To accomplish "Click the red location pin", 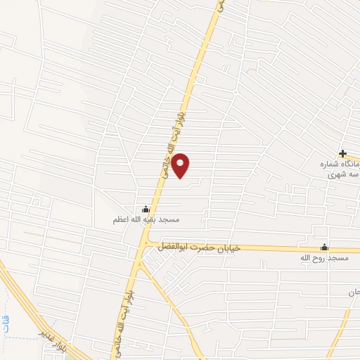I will [x=181, y=166].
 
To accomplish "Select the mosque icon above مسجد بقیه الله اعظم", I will [x=146, y=208].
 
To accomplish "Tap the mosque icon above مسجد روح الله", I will [x=324, y=247].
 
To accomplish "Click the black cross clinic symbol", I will [x=343, y=153].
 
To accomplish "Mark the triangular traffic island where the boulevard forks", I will [x=145, y=263].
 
